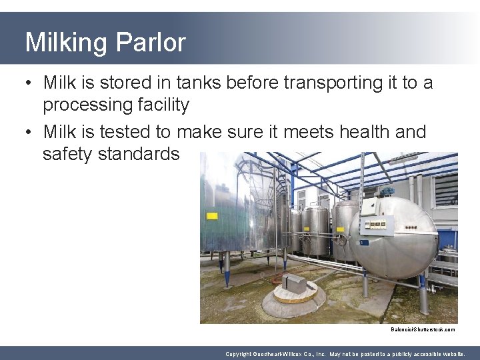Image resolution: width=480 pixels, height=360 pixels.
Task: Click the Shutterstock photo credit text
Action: point(423,329)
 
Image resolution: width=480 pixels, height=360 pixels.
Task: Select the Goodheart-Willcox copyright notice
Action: point(345,354)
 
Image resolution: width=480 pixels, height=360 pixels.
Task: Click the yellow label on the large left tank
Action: point(212,216)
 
